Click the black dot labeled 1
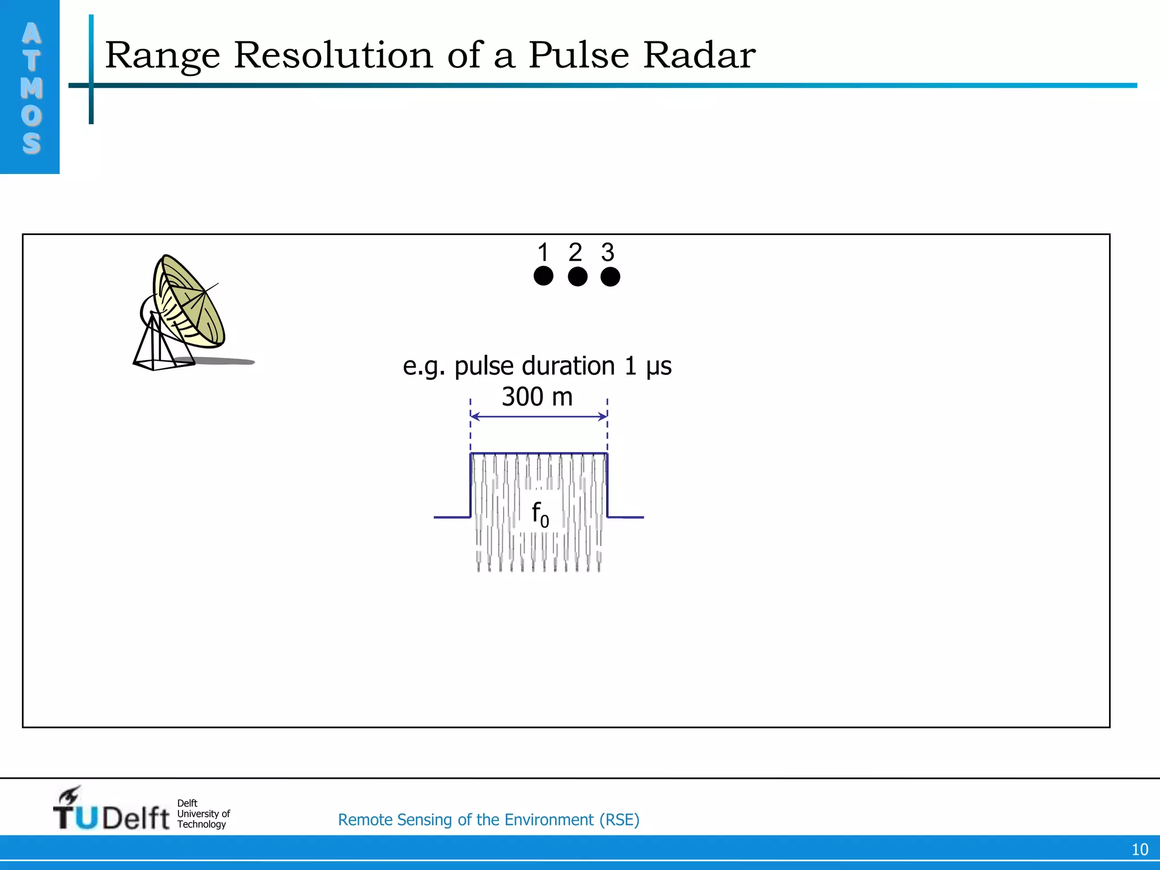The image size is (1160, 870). click(543, 276)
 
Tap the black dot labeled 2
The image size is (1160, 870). click(577, 276)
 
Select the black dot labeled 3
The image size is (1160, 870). click(610, 276)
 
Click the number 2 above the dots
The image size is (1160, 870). click(575, 252)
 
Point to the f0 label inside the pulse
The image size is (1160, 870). click(540, 514)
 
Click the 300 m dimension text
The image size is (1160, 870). click(537, 396)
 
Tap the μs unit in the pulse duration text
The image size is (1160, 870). click(659, 366)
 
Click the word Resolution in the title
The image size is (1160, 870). click(333, 56)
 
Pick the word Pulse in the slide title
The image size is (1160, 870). click(578, 56)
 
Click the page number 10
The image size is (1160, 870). click(1140, 850)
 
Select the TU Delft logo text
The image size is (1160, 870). click(112, 817)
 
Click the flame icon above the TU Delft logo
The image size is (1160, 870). click(70, 795)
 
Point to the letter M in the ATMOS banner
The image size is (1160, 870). click(31, 88)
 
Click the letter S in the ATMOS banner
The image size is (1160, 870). click(31, 143)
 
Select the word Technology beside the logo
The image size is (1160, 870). click(201, 824)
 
